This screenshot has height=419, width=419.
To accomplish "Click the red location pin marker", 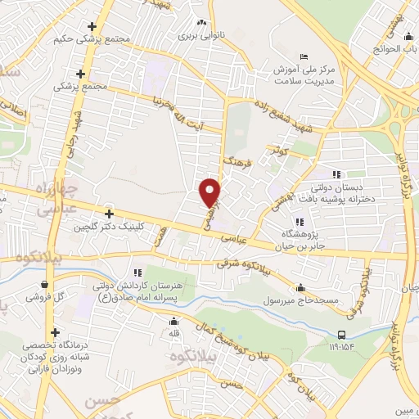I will [x=211, y=191].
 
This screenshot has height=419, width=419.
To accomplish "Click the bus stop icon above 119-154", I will [x=342, y=335].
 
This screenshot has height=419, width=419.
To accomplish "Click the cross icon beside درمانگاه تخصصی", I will [x=56, y=332].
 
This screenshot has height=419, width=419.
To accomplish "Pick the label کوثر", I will [x=275, y=151].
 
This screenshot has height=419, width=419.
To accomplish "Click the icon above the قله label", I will [x=161, y=322].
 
